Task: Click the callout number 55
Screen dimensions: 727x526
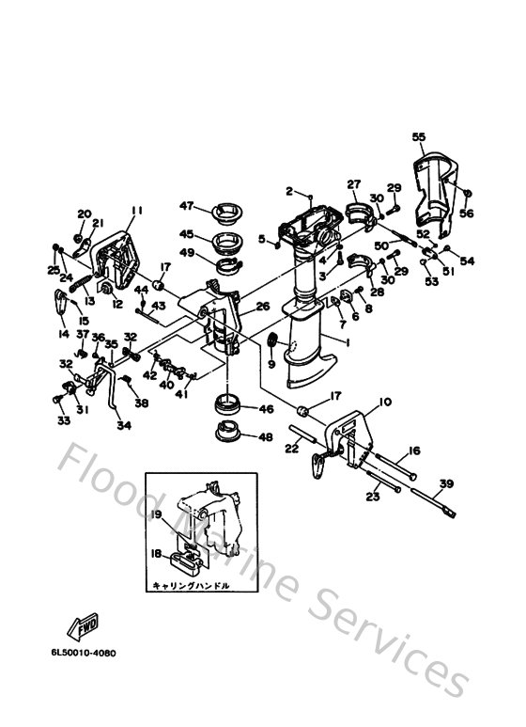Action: tap(418, 136)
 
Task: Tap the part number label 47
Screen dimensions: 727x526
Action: tap(186, 205)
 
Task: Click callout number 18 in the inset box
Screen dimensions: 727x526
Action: tap(158, 556)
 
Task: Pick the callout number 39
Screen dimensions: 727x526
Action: tap(446, 483)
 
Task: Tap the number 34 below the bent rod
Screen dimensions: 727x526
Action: tap(123, 425)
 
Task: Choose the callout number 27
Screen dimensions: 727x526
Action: tap(354, 183)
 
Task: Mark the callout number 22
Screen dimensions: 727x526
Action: tap(291, 450)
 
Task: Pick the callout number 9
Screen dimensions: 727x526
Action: tap(271, 363)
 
